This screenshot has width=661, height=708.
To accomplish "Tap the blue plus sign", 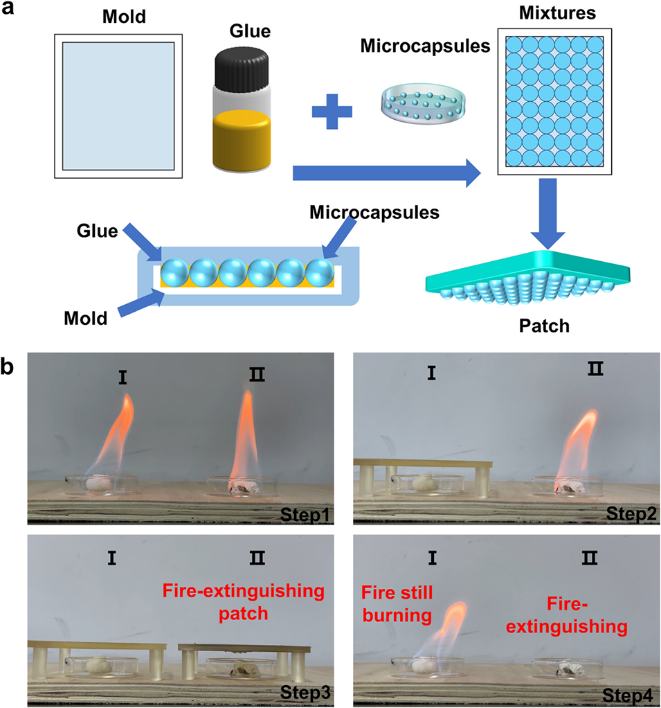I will click(332, 111).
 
